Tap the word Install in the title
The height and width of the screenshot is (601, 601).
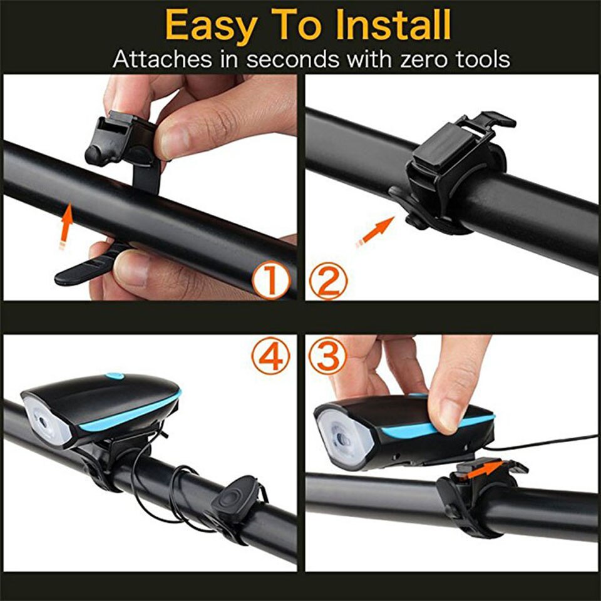393,25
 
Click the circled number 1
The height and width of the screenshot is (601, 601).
271,281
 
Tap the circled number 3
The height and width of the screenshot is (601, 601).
327,356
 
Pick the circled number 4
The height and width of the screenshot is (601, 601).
271,356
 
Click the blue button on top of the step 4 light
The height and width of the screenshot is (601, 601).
114,376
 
